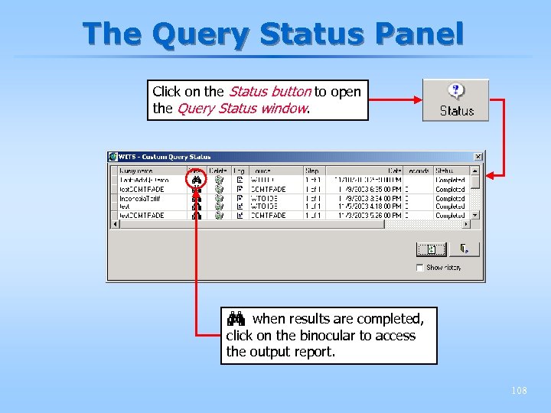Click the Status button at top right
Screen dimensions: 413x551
tap(456, 101)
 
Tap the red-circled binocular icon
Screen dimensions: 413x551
tap(197, 180)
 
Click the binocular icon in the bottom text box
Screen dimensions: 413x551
tap(235, 318)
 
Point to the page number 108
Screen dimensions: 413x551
tap(519, 391)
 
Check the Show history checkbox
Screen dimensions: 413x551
tap(419, 268)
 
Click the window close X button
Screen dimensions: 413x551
tap(478, 157)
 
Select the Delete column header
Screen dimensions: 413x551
tap(218, 171)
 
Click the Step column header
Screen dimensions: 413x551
tap(311, 171)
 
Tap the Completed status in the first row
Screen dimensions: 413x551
tap(450, 180)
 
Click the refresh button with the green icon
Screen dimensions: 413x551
tap(431, 249)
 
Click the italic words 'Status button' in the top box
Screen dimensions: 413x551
tap(269, 92)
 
